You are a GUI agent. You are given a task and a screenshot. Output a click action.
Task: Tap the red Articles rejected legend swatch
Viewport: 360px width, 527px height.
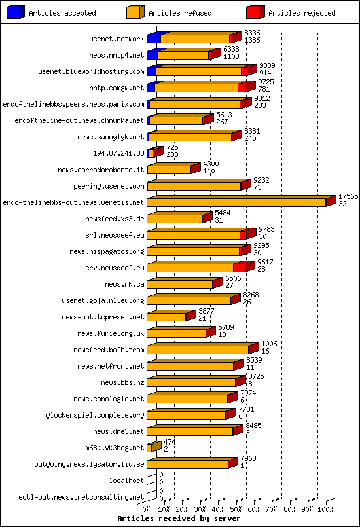(x=255, y=12)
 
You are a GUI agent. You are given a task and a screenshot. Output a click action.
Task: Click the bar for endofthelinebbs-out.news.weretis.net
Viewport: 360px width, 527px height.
(x=237, y=202)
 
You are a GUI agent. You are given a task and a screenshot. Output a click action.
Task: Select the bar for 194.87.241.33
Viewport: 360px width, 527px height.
(x=153, y=153)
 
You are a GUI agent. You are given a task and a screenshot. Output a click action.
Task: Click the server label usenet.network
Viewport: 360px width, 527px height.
(x=116, y=39)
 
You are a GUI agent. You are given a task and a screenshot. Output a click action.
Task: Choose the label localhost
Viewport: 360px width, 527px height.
(x=127, y=481)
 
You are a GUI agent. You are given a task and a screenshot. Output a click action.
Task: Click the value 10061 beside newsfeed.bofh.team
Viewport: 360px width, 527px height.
(x=271, y=344)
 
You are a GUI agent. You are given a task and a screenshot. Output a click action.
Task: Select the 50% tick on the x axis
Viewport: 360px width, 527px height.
(x=237, y=509)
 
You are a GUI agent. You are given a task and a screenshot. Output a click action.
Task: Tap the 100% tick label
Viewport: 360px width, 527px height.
(x=325, y=509)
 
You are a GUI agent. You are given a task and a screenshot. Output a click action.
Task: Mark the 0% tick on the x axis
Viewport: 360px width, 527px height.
(x=147, y=509)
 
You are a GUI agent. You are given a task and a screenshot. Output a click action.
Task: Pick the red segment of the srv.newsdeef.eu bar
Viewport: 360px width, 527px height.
(x=239, y=268)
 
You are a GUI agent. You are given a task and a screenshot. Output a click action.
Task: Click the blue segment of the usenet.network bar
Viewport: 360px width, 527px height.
(x=154, y=39)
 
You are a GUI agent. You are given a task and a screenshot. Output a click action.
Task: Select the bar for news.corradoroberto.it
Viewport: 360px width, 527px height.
(x=169, y=170)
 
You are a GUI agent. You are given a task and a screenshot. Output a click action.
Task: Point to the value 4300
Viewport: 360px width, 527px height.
(x=211, y=164)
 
